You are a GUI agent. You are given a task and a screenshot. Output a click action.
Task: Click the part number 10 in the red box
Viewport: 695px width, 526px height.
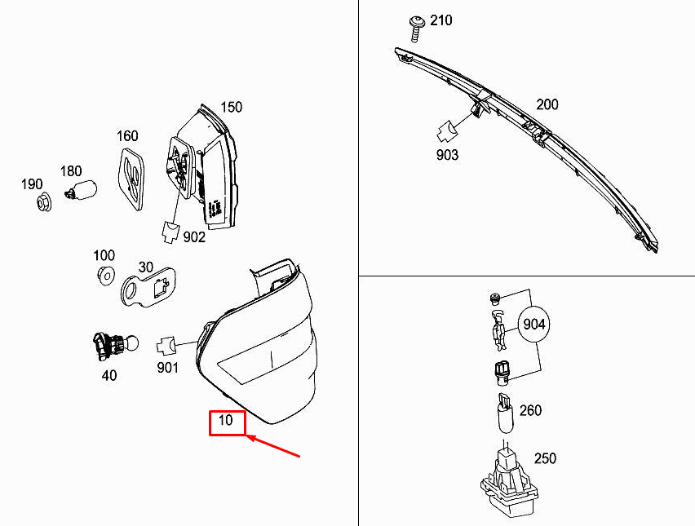[226, 422]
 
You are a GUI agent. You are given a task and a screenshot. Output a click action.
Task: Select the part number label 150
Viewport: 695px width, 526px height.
[231, 107]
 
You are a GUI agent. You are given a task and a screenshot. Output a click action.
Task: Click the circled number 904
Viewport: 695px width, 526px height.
[533, 325]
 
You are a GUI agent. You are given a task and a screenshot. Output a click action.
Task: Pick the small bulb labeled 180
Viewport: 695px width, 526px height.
[82, 192]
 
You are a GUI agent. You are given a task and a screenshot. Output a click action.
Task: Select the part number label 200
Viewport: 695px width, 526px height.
[547, 104]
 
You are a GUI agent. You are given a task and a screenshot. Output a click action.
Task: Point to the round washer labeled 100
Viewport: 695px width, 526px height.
[104, 276]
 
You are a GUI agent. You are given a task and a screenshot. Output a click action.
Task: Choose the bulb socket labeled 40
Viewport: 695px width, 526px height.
[108, 346]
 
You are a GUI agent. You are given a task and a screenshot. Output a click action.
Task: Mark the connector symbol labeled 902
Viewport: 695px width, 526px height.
[172, 232]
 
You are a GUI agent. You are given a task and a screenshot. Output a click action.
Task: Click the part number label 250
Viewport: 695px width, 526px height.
[545, 458]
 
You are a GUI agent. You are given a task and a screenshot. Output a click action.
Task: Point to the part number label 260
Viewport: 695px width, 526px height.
[530, 410]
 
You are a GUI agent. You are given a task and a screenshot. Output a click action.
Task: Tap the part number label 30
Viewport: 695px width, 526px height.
[146, 267]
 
